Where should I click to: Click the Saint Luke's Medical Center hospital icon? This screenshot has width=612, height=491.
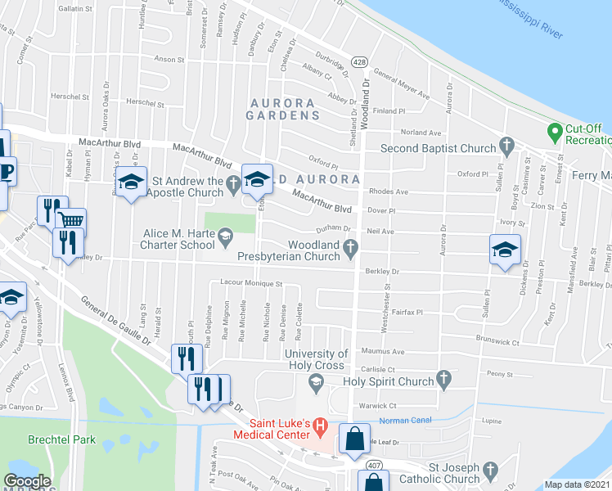click(x=320, y=426)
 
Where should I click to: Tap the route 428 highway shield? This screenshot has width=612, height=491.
click(x=359, y=62)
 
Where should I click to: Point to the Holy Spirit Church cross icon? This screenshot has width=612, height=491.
click(x=444, y=379)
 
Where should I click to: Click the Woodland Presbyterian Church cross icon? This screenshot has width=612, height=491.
click(x=352, y=246)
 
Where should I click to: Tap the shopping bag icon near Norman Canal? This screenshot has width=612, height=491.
click(x=353, y=439)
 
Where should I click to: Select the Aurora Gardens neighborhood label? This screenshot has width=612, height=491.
click(x=283, y=109)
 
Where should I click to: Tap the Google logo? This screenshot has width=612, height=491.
click(x=28, y=481)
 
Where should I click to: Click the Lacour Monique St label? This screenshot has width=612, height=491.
click(x=251, y=284)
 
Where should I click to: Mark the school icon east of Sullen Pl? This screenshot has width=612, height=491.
click(x=504, y=250)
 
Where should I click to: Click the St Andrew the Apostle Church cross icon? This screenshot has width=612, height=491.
click(x=234, y=187)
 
